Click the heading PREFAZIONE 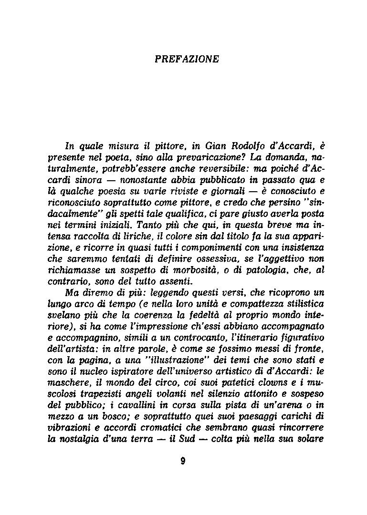187,59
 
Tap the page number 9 183,460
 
